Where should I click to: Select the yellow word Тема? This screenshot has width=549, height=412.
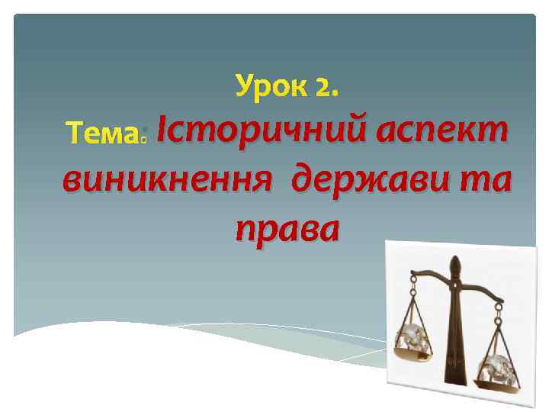coord(100,135)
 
